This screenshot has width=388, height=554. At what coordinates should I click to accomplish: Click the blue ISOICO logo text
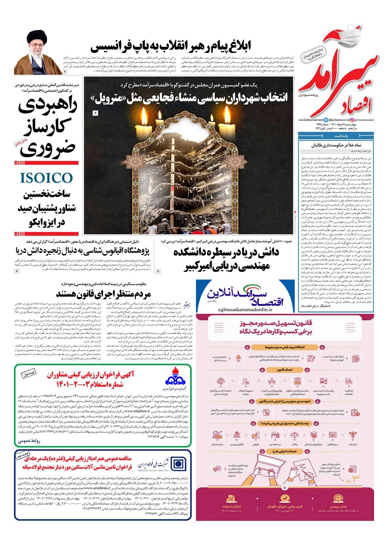pyautogui.click(x=46, y=178)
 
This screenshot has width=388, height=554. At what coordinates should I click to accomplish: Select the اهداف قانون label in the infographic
pyautogui.click(x=284, y=369)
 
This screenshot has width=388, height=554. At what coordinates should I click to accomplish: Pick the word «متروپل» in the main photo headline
pyautogui.click(x=116, y=98)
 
